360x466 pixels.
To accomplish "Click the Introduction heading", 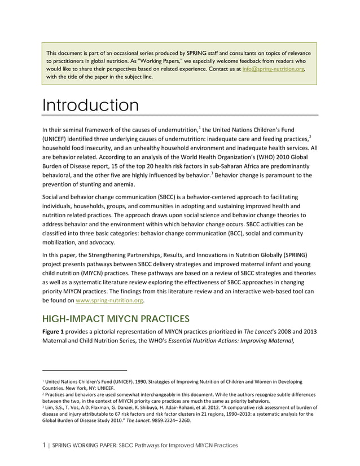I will point(91,105).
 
